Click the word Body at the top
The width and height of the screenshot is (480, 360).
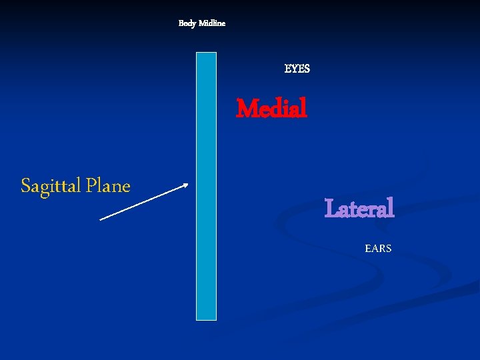[187, 23]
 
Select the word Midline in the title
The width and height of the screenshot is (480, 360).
[212, 23]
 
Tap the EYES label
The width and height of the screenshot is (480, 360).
[297, 69]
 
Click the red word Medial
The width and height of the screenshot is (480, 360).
[272, 108]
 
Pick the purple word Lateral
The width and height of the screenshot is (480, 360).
[359, 209]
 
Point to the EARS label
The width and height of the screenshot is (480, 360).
[378, 249]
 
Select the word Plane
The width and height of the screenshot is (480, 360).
[107, 185]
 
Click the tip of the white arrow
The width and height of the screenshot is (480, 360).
[189, 185]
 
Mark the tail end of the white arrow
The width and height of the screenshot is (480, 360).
[100, 219]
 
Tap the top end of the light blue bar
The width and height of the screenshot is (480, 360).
[206, 53]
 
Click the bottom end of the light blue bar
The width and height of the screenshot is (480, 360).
[206, 319]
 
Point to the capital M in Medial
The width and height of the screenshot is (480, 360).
[246, 108]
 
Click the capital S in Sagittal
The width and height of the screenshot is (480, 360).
[25, 185]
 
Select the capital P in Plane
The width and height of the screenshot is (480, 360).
[90, 185]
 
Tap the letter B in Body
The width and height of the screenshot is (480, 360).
[181, 23]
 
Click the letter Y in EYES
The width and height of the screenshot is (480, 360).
[294, 69]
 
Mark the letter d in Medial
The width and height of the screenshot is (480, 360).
[275, 108]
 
